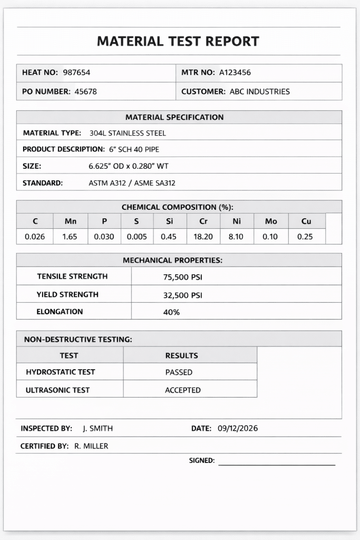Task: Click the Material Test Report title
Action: point(178,41)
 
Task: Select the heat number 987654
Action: point(76,73)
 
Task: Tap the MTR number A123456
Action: point(235,73)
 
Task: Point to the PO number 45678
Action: point(85,92)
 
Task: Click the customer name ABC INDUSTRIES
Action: point(260,92)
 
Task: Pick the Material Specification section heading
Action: point(174,117)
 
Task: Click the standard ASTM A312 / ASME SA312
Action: point(132,184)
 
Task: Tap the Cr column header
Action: point(203,221)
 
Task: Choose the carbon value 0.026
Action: point(35,237)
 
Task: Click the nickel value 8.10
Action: point(236,237)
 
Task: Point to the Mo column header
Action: point(271,221)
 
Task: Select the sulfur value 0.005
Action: point(137,237)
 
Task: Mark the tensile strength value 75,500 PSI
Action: point(183,277)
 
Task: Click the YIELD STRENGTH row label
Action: point(67,294)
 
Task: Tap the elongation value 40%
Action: point(171,312)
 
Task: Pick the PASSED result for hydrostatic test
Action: point(179,372)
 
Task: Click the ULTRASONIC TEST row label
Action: point(57,390)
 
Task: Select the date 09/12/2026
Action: point(238,428)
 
